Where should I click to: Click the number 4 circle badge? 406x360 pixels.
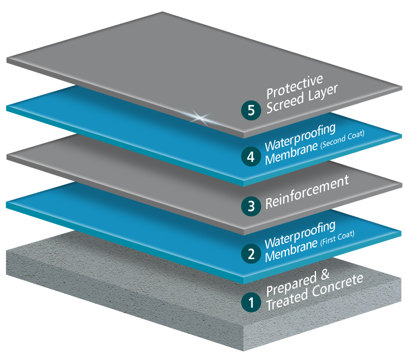pos(251,156)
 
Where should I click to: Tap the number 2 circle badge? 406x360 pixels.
pos(251,253)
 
